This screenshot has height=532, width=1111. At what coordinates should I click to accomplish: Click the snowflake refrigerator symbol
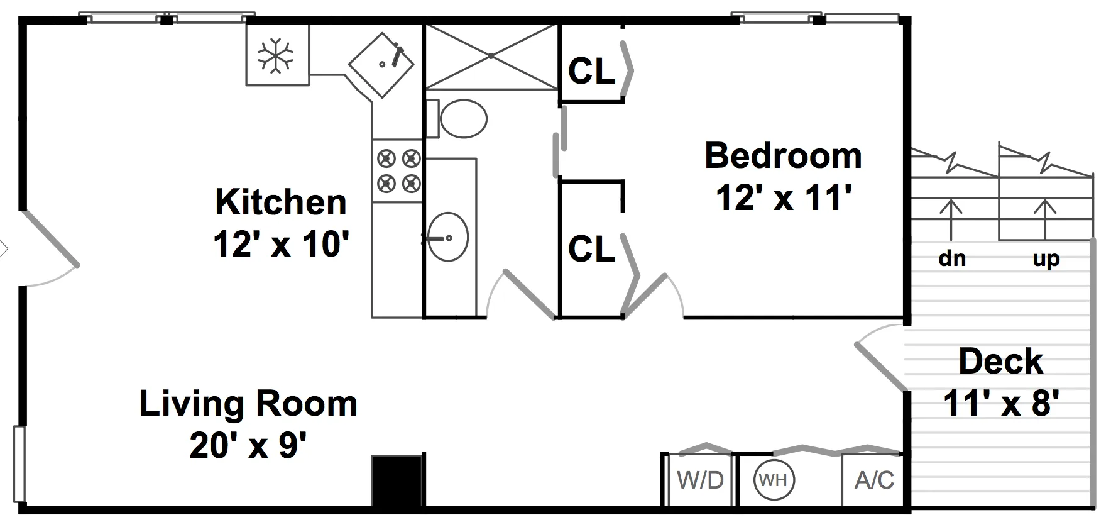[x=276, y=55]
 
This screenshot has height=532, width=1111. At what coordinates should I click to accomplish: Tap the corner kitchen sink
[x=381, y=64]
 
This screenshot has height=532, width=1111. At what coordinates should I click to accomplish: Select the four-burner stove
[x=397, y=170]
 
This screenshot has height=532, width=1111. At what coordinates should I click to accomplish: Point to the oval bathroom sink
[x=448, y=237]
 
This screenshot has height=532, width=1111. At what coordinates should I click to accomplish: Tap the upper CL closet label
[x=591, y=72]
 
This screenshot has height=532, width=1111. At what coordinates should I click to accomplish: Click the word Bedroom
[x=783, y=156]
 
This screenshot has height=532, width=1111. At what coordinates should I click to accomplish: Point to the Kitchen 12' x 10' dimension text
[x=280, y=243]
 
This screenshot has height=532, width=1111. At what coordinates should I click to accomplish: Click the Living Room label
[x=248, y=404]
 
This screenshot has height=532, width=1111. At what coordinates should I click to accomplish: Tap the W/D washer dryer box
[x=700, y=480]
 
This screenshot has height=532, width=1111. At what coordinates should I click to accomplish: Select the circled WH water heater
[x=774, y=480]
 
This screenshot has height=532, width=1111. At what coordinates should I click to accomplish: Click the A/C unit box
[x=874, y=480]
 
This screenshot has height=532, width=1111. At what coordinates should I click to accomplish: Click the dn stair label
[x=951, y=258]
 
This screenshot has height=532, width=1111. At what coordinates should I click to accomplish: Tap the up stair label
[x=1046, y=258]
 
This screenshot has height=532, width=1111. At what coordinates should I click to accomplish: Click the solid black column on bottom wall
[x=397, y=481]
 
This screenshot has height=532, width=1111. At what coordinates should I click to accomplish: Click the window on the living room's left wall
[x=19, y=464]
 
